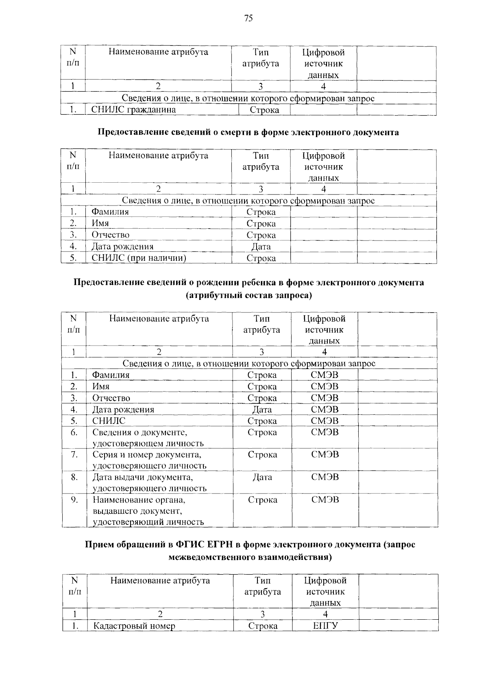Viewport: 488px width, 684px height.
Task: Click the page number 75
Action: [248, 17]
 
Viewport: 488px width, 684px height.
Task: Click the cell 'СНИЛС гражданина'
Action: [133, 109]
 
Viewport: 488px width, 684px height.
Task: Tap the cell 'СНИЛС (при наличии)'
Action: [139, 258]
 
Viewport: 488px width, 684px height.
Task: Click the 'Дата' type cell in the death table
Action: [261, 247]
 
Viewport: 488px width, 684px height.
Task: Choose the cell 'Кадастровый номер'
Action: [134, 626]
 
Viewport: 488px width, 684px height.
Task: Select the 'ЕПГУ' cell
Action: [325, 626]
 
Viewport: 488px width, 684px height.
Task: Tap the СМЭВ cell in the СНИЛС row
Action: [325, 421]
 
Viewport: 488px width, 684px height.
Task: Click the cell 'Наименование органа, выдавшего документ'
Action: [148, 511]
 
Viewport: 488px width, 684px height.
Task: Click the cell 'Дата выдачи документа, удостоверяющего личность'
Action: [149, 483]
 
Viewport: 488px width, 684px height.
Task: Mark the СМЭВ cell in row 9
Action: [325, 500]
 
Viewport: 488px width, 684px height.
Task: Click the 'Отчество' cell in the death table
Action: [110, 235]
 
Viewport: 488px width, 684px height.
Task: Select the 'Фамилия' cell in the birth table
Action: [111, 375]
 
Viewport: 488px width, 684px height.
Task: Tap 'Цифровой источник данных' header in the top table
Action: [323, 63]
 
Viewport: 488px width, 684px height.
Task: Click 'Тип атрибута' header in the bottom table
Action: [262, 586]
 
